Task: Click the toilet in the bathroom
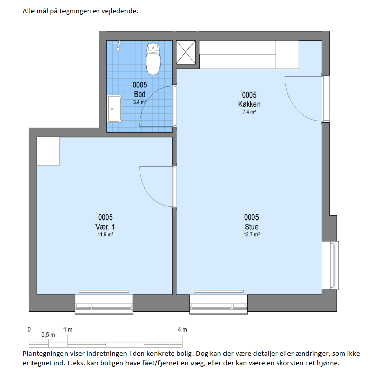pos(153,59)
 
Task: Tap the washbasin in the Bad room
pos(114,109)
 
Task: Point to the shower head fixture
pos(118,46)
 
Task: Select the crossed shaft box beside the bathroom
pos(186,52)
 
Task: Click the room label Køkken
pos(249,104)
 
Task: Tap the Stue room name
pos(251,227)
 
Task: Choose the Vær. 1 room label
pos(105,227)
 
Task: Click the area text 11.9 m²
pos(105,235)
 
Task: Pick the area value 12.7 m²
pos(252,235)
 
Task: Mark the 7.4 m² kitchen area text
pos(249,112)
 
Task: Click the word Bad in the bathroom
pos(140,94)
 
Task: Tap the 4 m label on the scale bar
pos(182,330)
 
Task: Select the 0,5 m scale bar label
pos(48,335)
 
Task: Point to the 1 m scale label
pos(68,330)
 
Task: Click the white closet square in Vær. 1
pos(48,151)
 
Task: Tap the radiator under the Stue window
pos(218,291)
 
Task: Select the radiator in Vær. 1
pos(104,291)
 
